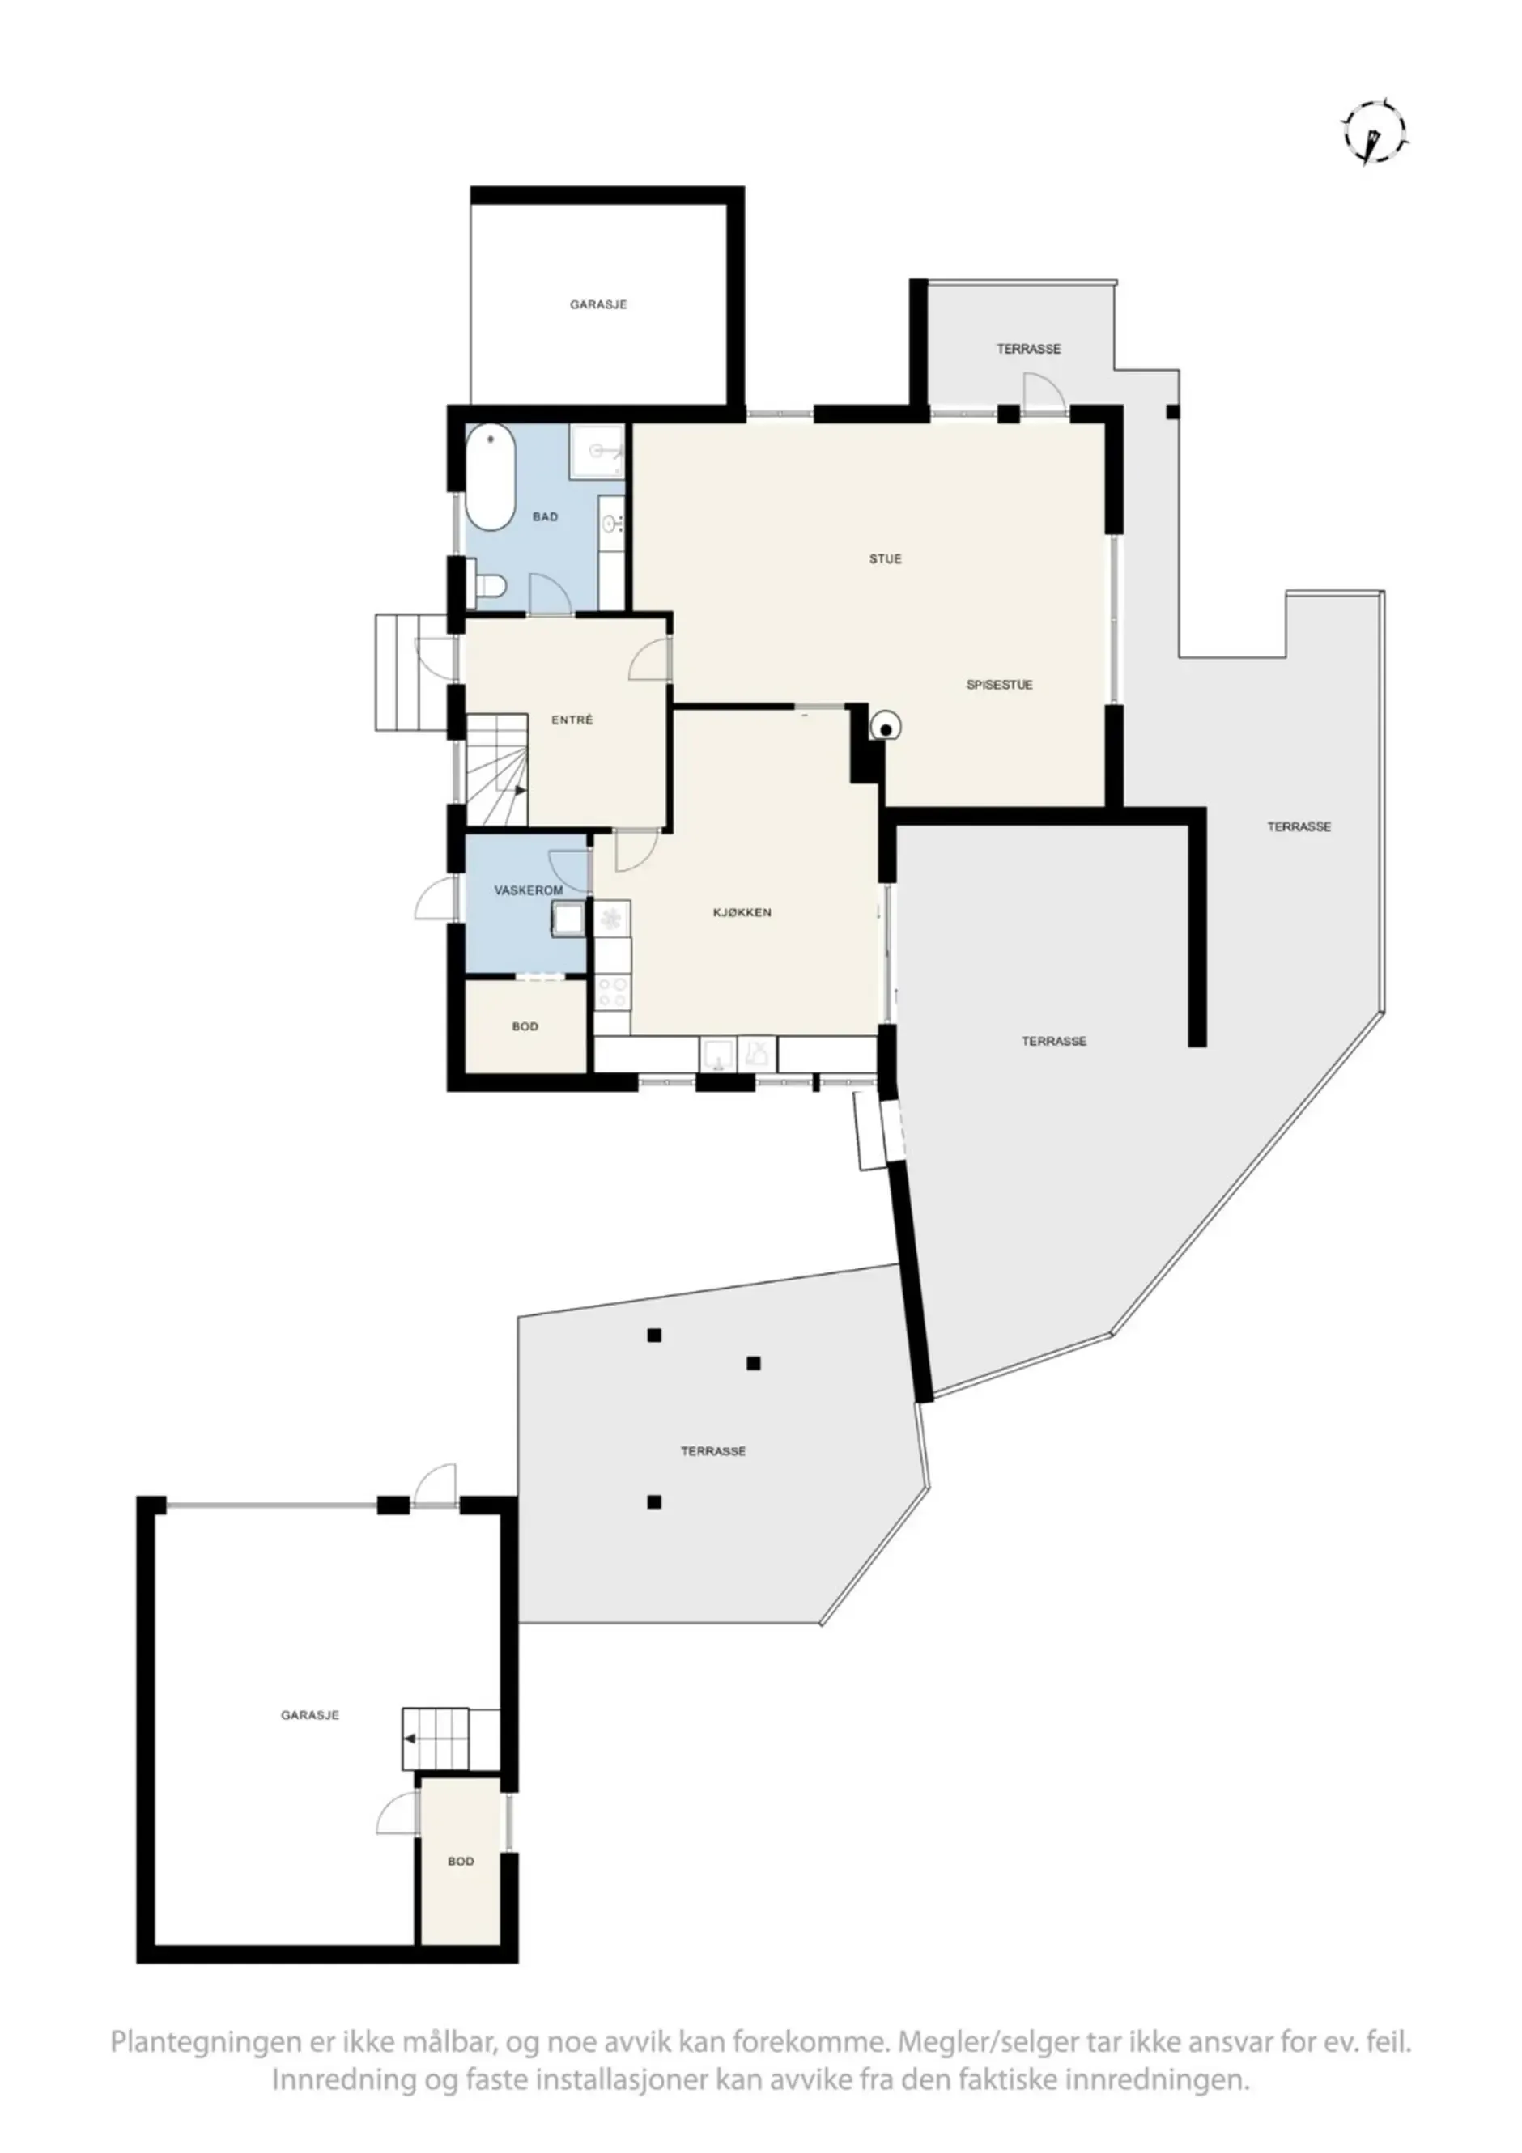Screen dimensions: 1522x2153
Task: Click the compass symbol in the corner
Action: click(x=1375, y=134)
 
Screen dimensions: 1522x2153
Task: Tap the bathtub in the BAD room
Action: click(x=491, y=478)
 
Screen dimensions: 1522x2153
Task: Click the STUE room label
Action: click(x=885, y=558)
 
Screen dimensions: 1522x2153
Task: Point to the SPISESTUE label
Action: click(x=1000, y=685)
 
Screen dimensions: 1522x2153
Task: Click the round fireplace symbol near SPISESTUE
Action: click(x=886, y=725)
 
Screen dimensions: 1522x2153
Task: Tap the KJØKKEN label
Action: click(x=742, y=912)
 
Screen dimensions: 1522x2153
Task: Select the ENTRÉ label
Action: click(x=572, y=720)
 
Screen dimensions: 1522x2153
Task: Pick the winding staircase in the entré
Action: click(x=497, y=769)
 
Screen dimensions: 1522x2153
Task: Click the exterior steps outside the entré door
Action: click(x=413, y=673)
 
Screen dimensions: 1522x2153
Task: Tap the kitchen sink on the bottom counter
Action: click(x=718, y=1054)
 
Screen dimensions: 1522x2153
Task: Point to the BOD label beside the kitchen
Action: click(x=525, y=1027)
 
